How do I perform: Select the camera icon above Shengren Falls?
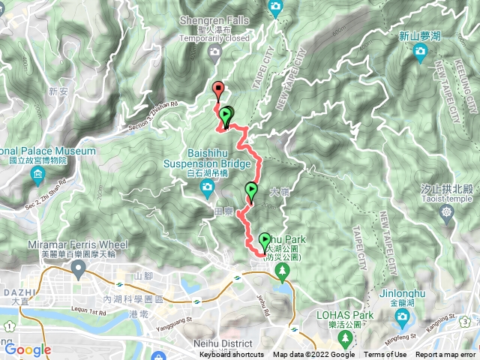point(275,7)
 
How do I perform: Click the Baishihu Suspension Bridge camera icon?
point(208,194)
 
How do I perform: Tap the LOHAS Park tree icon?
point(346,340)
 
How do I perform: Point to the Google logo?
point(27,349)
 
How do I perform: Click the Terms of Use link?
point(385,355)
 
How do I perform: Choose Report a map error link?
point(446,355)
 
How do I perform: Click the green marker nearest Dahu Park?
point(265,241)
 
